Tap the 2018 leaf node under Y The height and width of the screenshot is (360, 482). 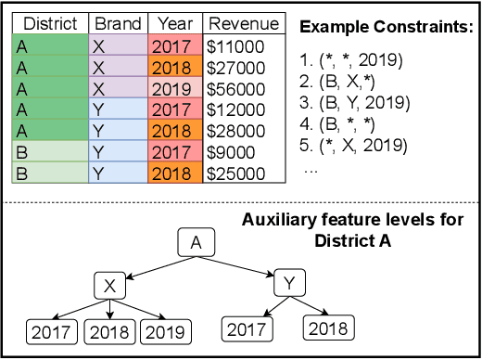point(328,328)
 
